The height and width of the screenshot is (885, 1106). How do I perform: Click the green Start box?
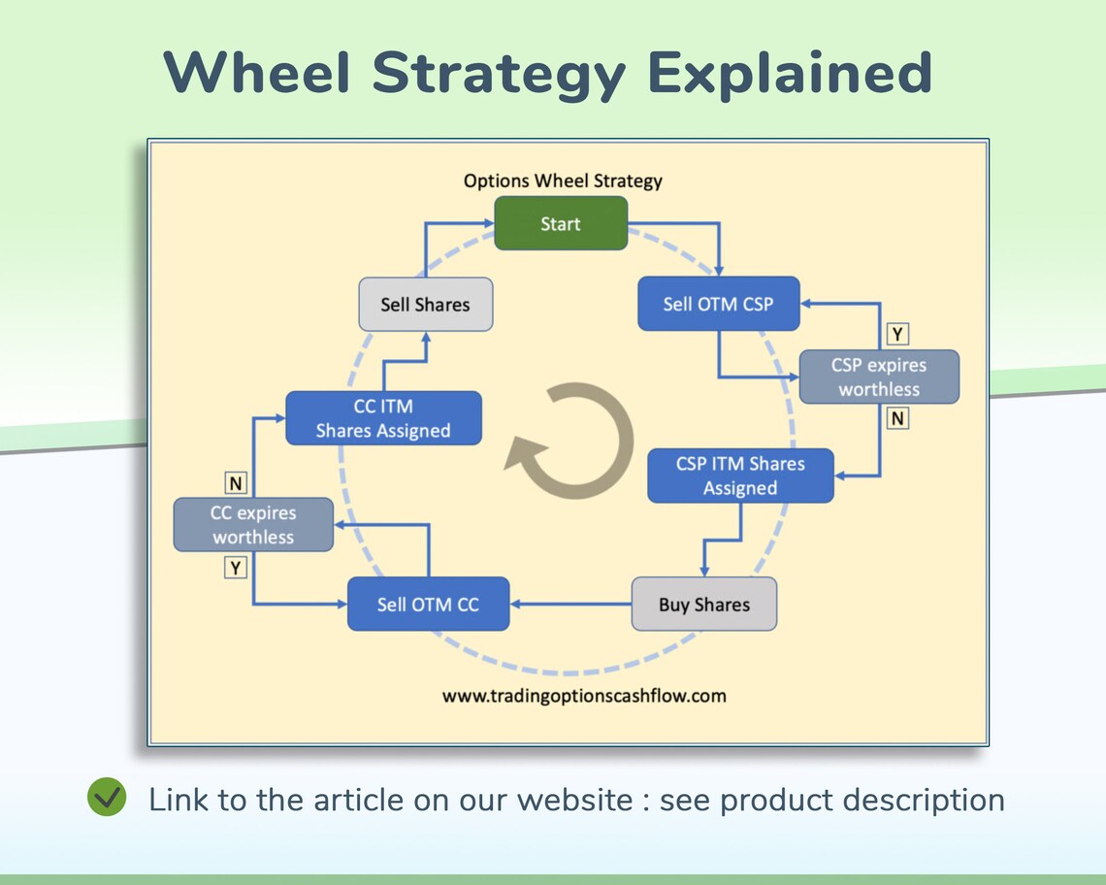(x=561, y=223)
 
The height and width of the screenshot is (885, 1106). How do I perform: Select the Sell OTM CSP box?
(x=718, y=304)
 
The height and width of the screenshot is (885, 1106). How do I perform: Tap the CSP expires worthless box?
(x=879, y=377)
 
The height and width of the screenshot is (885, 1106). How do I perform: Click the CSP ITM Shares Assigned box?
(x=740, y=475)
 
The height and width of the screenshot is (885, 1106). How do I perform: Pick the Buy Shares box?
(x=703, y=605)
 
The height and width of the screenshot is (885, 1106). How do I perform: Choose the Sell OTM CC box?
(x=428, y=605)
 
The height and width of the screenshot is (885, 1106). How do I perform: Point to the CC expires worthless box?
(x=253, y=525)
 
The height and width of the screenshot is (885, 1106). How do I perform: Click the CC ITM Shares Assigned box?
(x=383, y=418)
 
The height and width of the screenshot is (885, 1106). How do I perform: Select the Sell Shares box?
(x=425, y=305)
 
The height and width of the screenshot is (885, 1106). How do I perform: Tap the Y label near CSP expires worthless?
(x=898, y=335)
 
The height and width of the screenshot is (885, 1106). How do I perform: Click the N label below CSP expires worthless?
(x=898, y=418)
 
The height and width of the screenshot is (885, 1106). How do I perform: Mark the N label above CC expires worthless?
(x=236, y=482)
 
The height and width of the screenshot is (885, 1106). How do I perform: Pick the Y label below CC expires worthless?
(x=236, y=567)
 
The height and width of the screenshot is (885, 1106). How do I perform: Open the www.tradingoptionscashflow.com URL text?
(x=584, y=696)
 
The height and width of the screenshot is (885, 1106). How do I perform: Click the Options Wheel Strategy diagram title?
(x=563, y=180)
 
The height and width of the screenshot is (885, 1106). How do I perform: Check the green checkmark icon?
(x=107, y=798)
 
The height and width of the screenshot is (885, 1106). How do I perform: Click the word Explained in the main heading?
(x=789, y=73)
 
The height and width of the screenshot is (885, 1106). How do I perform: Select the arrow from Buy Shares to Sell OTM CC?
(x=570, y=605)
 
